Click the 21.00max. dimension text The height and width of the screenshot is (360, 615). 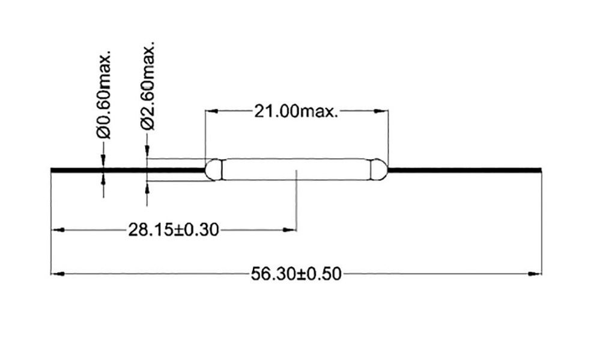(x=295, y=111)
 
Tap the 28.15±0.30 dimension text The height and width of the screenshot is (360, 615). (x=173, y=230)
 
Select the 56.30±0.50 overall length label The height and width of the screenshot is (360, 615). (x=295, y=274)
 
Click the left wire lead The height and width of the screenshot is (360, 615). (x=126, y=170)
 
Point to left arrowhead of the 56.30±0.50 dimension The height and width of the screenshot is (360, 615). (x=57, y=274)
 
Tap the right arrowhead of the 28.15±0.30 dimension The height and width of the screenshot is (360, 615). (x=291, y=230)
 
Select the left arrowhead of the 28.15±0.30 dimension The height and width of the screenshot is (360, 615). (x=58, y=230)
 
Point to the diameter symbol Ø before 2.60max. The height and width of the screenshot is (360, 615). (x=148, y=123)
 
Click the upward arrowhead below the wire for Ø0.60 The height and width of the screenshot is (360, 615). (x=104, y=178)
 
